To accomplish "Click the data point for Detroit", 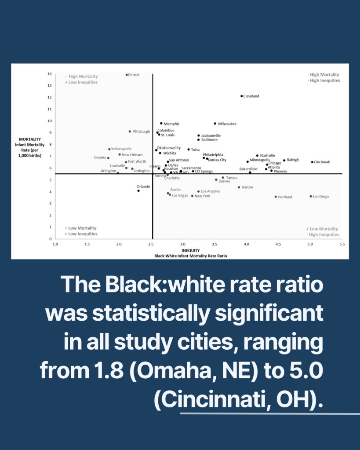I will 127,75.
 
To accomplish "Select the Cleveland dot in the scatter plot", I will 242,96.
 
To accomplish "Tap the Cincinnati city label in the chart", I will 322,162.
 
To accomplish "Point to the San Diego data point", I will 311,197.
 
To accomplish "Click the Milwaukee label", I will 227,124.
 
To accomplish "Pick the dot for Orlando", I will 138,191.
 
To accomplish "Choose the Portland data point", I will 276,197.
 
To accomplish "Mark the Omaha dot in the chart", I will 108,158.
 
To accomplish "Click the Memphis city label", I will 171,124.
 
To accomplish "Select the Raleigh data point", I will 284,161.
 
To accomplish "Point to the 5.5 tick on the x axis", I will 342,243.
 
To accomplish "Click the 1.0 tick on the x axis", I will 55,243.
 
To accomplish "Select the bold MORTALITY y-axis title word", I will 30,139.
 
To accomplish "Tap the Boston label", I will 247,187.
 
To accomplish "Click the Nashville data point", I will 258,156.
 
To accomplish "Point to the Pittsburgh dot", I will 130,132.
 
